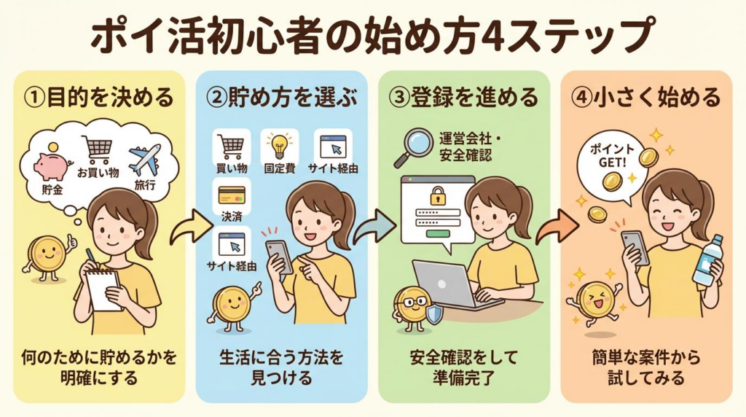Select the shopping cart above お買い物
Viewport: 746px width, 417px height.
point(98,152)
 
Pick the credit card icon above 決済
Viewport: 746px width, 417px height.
point(232,195)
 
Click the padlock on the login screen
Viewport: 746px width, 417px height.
point(438,195)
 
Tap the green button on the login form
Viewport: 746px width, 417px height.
point(438,233)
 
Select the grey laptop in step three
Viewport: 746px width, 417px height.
point(446,285)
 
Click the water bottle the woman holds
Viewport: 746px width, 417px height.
point(706,260)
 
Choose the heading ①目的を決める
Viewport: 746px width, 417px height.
point(99,98)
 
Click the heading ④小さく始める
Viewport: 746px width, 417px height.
point(645,98)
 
